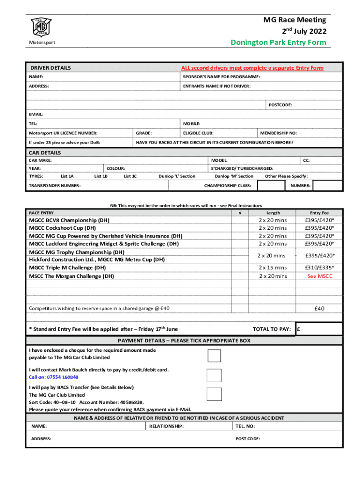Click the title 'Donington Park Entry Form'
[279, 43]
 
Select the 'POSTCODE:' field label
[280, 105]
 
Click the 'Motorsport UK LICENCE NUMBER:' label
[63, 133]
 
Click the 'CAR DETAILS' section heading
[45, 153]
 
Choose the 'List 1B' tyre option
[101, 176]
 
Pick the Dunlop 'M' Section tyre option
[234, 176]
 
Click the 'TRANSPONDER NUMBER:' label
[55, 186]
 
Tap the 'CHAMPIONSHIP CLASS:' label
[228, 186]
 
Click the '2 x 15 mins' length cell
[273, 268]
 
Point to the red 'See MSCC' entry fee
[320, 276]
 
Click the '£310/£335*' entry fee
[320, 268]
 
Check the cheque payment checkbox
[214, 356]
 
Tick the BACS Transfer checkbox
[214, 394]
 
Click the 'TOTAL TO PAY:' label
[272, 329]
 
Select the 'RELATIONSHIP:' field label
[166, 426]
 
